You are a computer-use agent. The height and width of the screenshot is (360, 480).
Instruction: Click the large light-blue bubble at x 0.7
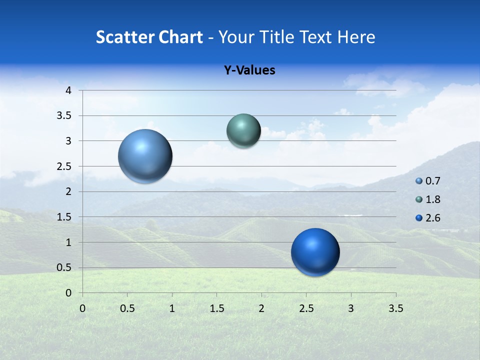[145, 156]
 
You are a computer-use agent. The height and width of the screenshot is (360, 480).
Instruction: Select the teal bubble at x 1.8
[243, 130]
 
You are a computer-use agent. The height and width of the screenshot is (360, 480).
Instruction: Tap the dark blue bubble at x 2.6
[315, 252]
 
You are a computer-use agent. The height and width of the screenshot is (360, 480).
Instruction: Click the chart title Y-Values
[249, 70]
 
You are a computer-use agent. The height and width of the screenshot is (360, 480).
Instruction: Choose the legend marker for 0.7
[419, 181]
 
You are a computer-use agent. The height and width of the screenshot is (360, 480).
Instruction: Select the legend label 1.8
[433, 199]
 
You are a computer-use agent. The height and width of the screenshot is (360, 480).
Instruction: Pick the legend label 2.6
[433, 218]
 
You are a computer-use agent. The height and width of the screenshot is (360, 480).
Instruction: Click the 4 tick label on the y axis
[68, 90]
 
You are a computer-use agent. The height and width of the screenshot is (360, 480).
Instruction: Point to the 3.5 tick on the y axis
[64, 116]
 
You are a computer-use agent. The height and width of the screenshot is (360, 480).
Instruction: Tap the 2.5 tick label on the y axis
[64, 166]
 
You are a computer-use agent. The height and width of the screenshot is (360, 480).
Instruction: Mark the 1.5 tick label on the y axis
[64, 217]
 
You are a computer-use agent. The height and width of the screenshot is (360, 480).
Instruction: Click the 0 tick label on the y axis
[68, 293]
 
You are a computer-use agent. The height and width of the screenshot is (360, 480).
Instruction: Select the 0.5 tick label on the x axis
[127, 308]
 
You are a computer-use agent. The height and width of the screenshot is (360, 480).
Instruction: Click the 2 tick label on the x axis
[261, 308]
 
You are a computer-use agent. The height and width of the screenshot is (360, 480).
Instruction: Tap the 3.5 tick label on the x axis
[395, 308]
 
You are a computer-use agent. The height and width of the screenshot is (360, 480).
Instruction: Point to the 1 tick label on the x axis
[172, 308]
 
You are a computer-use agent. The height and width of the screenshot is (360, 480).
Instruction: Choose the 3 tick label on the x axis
[351, 308]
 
